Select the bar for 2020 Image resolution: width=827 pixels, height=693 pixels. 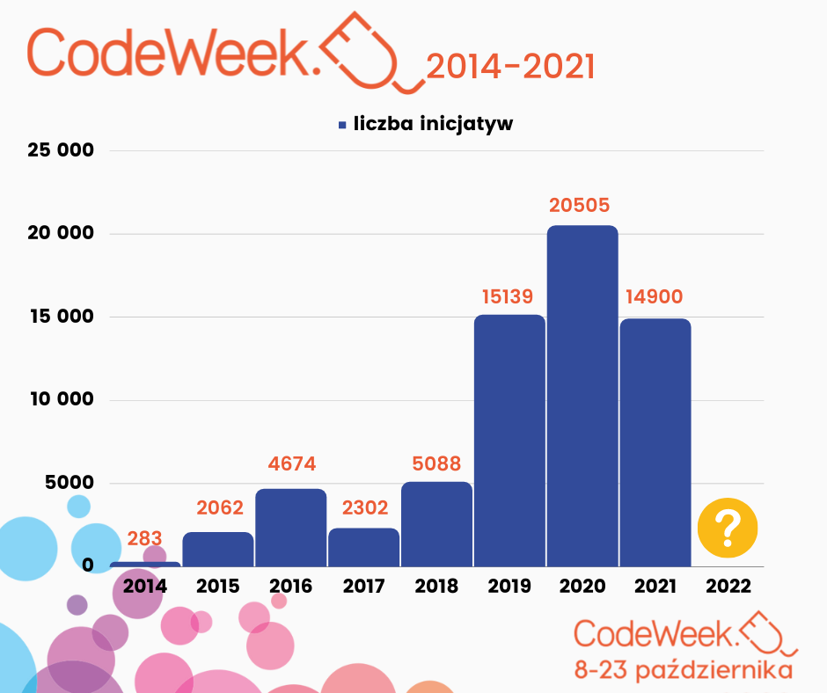582,396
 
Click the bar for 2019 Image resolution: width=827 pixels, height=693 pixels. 509,440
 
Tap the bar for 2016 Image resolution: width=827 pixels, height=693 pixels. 291,527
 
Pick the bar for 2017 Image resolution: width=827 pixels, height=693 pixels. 363,546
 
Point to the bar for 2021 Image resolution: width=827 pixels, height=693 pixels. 655,441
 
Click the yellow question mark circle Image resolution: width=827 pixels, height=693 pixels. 728,529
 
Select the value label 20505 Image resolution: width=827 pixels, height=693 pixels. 579,205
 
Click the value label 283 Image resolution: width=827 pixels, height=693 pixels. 145,538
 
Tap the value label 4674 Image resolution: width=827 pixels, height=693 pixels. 291,463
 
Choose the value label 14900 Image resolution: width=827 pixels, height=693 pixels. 654,296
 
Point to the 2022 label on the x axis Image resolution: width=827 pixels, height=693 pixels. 728,587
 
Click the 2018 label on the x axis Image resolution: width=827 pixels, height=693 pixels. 436,587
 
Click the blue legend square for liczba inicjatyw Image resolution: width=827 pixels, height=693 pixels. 342,125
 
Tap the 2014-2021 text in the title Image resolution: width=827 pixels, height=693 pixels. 509,67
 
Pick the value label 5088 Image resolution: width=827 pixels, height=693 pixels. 436,463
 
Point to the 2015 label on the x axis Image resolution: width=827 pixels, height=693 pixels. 218,587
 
